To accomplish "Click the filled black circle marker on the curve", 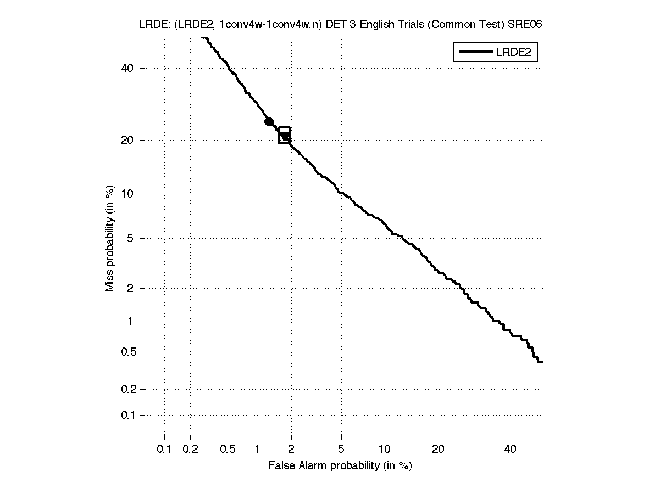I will [x=269, y=122].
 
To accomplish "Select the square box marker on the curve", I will [x=284, y=135].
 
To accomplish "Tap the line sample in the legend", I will [x=476, y=52].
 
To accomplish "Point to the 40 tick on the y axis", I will [x=127, y=68].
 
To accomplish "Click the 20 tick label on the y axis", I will [x=127, y=140].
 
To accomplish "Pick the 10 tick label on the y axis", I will [x=127, y=193].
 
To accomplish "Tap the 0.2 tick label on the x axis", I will [x=191, y=450].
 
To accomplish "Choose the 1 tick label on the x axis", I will [x=258, y=450].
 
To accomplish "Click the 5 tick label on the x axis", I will [x=341, y=450].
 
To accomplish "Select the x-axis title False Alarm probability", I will [x=340, y=466].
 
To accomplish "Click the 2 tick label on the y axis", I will [x=130, y=288].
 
